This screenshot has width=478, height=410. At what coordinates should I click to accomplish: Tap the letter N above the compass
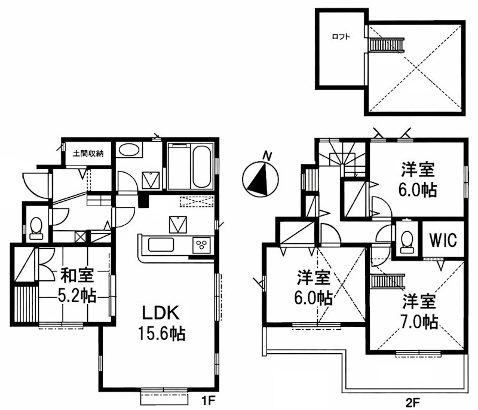[269, 157]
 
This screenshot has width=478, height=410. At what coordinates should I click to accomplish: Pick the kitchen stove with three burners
[203, 245]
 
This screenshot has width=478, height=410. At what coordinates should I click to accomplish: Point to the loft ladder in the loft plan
[380, 45]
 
